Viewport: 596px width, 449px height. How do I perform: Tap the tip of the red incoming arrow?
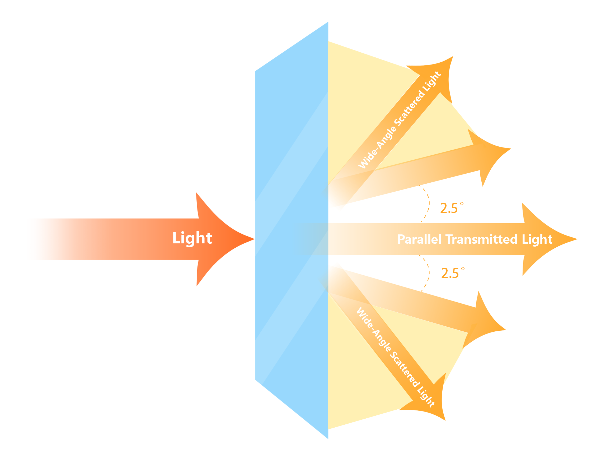(x=253, y=239)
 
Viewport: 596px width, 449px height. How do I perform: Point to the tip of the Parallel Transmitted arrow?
(x=576, y=239)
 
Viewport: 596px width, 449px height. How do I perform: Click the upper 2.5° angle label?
(x=452, y=208)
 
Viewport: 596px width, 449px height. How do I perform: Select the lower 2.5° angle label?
(x=453, y=273)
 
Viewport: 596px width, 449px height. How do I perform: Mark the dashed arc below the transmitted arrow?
(x=428, y=273)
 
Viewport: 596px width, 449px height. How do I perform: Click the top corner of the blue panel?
(x=328, y=22)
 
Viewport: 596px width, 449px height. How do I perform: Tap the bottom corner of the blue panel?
(x=328, y=438)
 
